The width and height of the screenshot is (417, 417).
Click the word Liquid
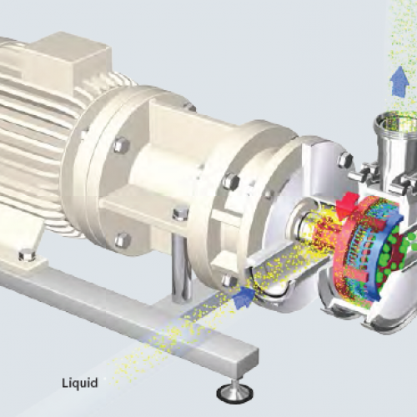[80, 383]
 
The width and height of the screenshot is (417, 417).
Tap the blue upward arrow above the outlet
[399, 82]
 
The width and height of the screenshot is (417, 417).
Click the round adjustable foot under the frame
[235, 393]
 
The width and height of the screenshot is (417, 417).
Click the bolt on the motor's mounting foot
[27, 255]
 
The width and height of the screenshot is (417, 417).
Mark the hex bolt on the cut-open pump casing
[345, 159]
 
